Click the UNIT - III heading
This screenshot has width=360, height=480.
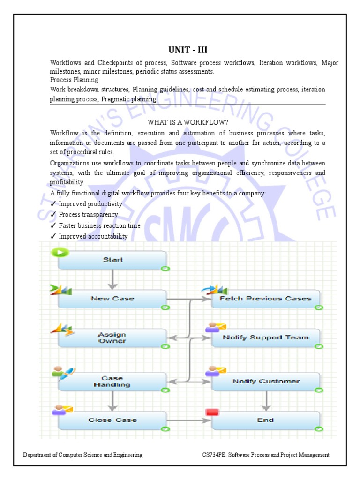pyautogui.click(x=187, y=50)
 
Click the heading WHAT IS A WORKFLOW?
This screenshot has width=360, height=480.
pyautogui.click(x=187, y=122)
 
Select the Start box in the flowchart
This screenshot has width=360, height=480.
pyautogui.click(x=112, y=260)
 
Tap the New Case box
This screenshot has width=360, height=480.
pyautogui.click(x=112, y=299)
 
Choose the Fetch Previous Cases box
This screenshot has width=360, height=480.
pyautogui.click(x=265, y=299)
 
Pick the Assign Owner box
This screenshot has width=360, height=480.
pyautogui.click(x=112, y=337)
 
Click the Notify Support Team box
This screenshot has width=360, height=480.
pyautogui.click(x=265, y=337)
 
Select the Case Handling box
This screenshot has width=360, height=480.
pyautogui.click(x=112, y=381)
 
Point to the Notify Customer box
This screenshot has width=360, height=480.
pyautogui.click(x=265, y=381)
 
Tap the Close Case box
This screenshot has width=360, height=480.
pyautogui.click(x=112, y=420)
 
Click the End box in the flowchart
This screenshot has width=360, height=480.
pyautogui.click(x=265, y=420)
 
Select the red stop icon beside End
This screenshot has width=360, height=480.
pyautogui.click(x=212, y=412)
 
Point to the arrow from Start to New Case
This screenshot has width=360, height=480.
pyautogui.click(x=112, y=279)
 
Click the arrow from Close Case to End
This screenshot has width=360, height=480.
pyautogui.click(x=187, y=420)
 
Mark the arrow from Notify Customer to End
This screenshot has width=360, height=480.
pyautogui.click(x=266, y=401)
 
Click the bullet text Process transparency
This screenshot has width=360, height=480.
pyautogui.click(x=88, y=215)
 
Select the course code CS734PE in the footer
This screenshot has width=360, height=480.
pyautogui.click(x=213, y=455)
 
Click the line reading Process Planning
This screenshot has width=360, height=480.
pyautogui.click(x=74, y=80)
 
